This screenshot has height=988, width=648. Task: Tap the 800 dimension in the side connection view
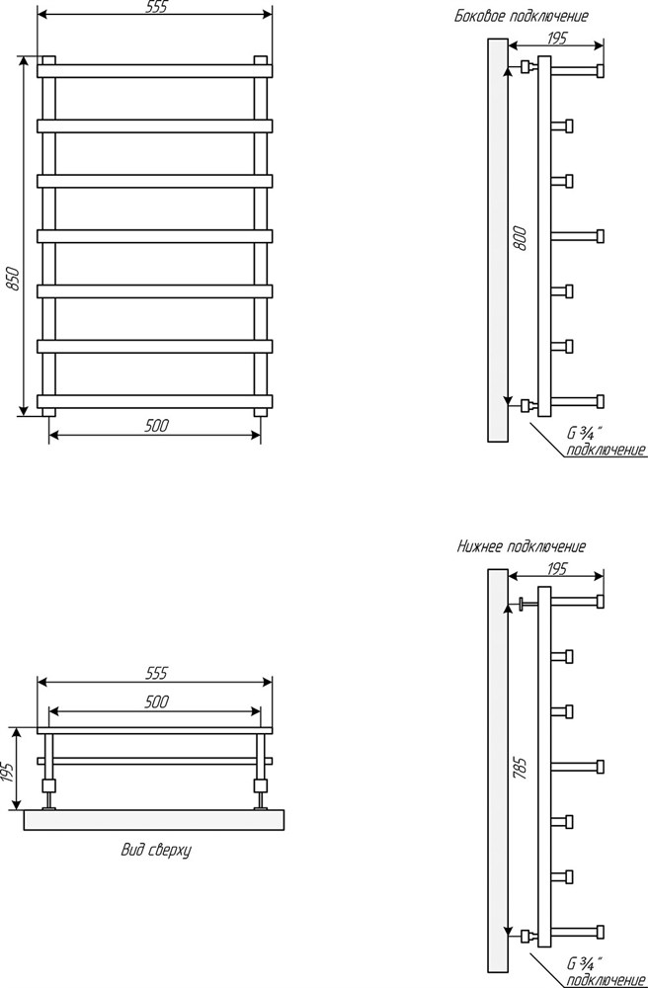[x=521, y=238]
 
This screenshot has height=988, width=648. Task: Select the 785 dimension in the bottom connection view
[x=521, y=768]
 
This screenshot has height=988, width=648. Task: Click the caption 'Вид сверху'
[x=155, y=851]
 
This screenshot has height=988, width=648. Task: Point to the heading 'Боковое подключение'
[x=522, y=17]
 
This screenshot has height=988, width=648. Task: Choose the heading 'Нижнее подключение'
[x=522, y=546]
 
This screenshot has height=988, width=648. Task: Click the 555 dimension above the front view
[x=155, y=8]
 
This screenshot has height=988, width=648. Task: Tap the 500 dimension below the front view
[x=156, y=426]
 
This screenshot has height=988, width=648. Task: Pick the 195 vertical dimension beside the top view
[x=7, y=771]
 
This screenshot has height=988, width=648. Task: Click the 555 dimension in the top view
[x=156, y=674]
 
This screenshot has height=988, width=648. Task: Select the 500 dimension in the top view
[x=156, y=701]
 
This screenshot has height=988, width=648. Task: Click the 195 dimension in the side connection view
[x=556, y=38]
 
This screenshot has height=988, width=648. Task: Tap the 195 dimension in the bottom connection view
[x=556, y=569]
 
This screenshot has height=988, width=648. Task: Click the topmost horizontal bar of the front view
[x=155, y=70]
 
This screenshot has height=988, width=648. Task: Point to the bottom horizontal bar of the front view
[x=155, y=401]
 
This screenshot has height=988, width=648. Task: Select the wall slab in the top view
[x=155, y=820]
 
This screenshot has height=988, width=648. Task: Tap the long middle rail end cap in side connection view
[x=601, y=236]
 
